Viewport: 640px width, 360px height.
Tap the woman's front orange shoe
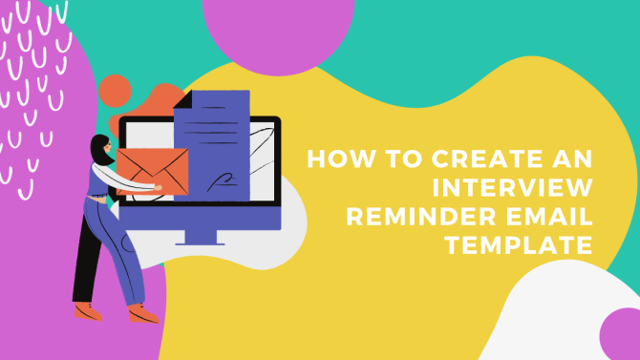point(143,314)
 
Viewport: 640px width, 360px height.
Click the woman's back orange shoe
point(87,310)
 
